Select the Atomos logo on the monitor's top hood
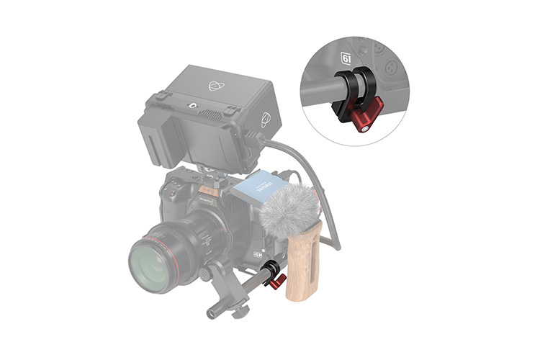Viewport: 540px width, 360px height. [x=215, y=86]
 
